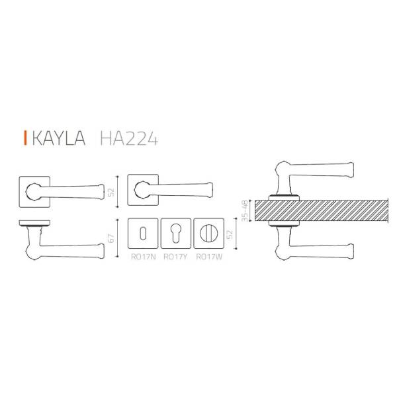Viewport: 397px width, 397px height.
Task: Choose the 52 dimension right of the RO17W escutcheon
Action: point(230,234)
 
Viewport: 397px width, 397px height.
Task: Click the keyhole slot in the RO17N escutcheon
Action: point(142,234)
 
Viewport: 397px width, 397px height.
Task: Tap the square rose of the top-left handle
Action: point(31,191)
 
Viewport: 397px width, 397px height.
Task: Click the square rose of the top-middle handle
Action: point(140,191)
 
